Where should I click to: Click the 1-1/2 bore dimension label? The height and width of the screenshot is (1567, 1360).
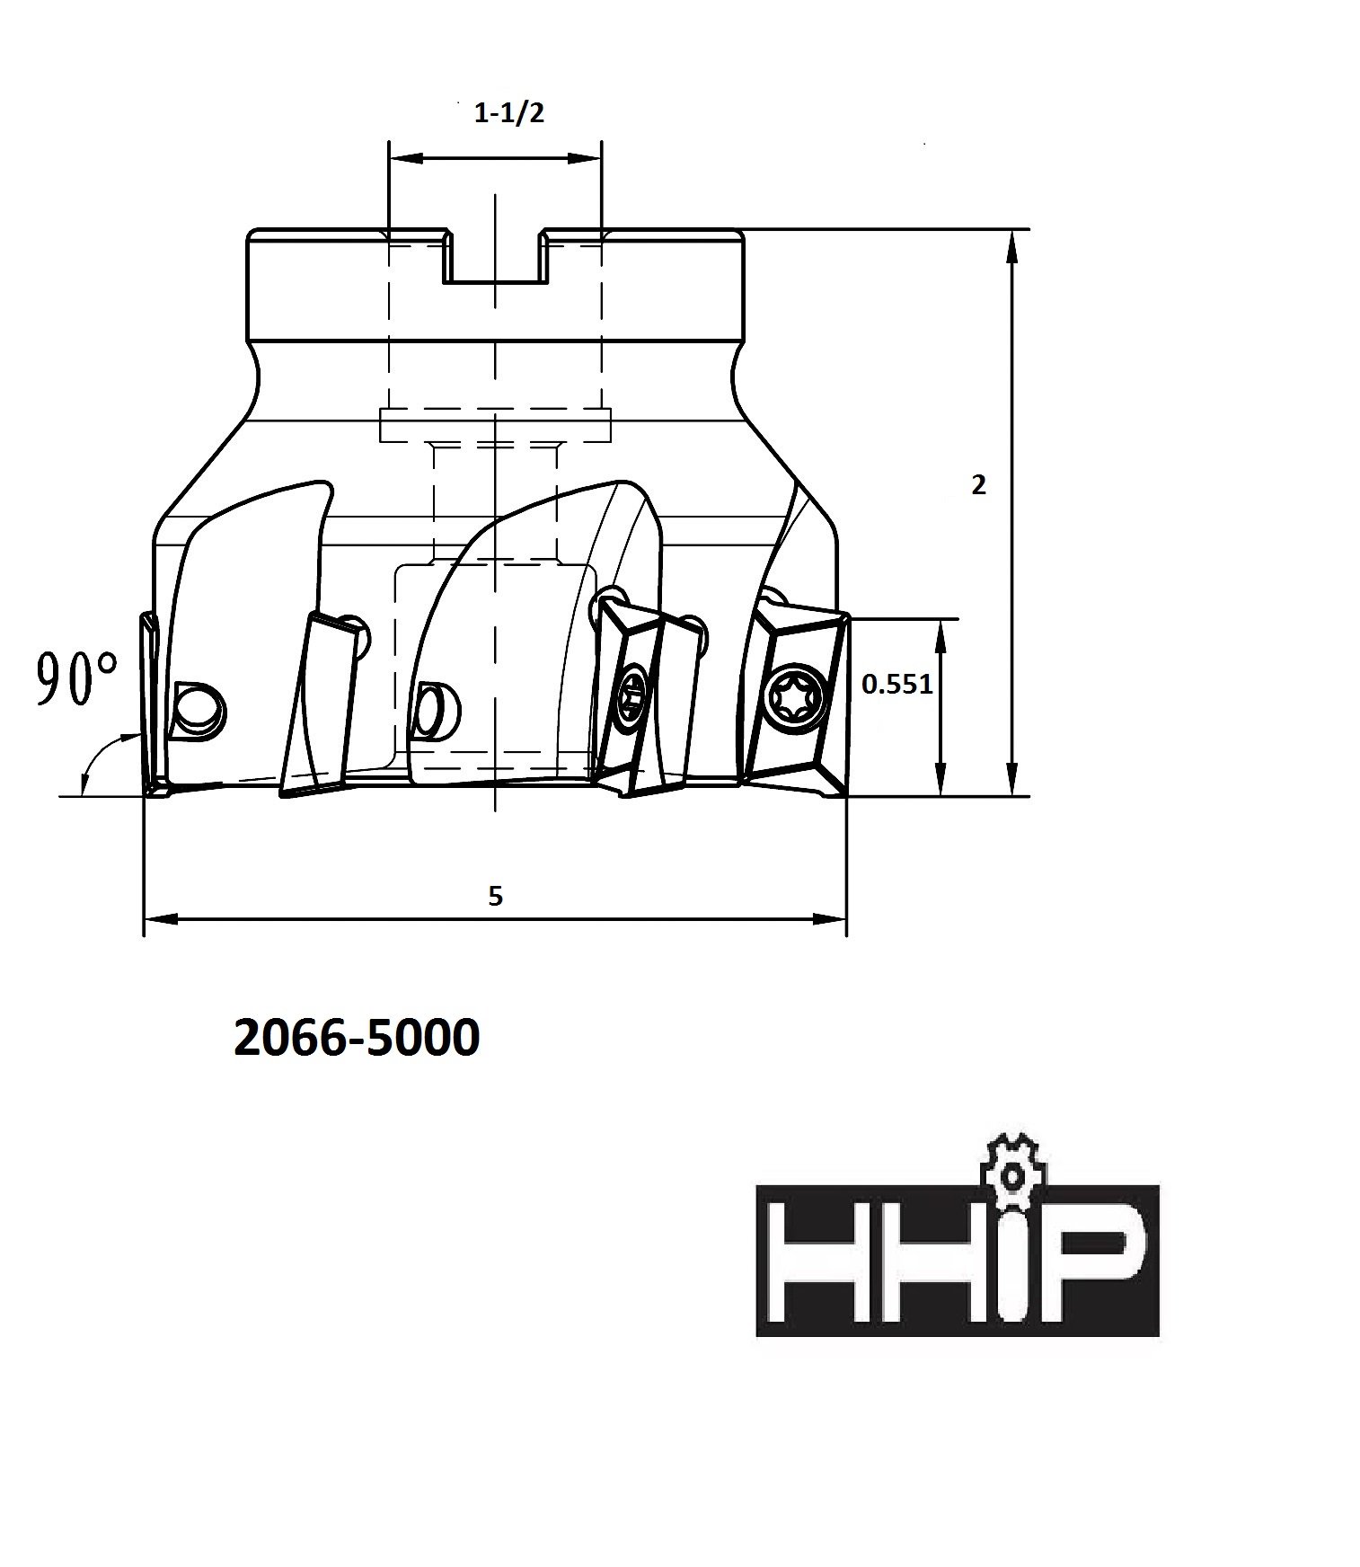(x=509, y=113)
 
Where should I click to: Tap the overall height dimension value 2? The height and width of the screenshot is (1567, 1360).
(x=978, y=485)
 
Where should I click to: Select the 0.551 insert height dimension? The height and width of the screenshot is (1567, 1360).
(x=896, y=685)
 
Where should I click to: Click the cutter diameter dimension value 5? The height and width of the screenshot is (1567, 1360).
(x=495, y=896)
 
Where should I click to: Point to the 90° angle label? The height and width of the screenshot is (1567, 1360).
(x=76, y=679)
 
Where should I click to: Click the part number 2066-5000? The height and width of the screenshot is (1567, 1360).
(x=357, y=1039)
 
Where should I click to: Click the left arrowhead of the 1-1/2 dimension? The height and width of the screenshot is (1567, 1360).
(x=400, y=158)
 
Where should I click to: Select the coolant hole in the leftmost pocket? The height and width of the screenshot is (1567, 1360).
(x=199, y=713)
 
